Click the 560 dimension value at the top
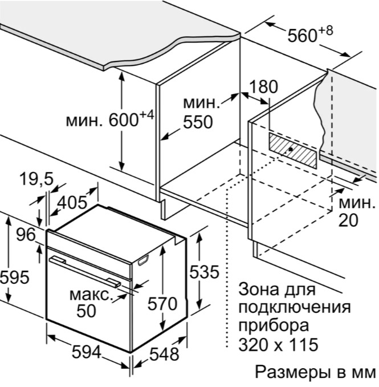[303, 36]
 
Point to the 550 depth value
[197, 122]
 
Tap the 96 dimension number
[25, 234]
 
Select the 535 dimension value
[203, 272]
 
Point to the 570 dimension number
[162, 304]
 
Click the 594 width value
[87, 352]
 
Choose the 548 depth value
[164, 354]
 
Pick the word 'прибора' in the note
[274, 327]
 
